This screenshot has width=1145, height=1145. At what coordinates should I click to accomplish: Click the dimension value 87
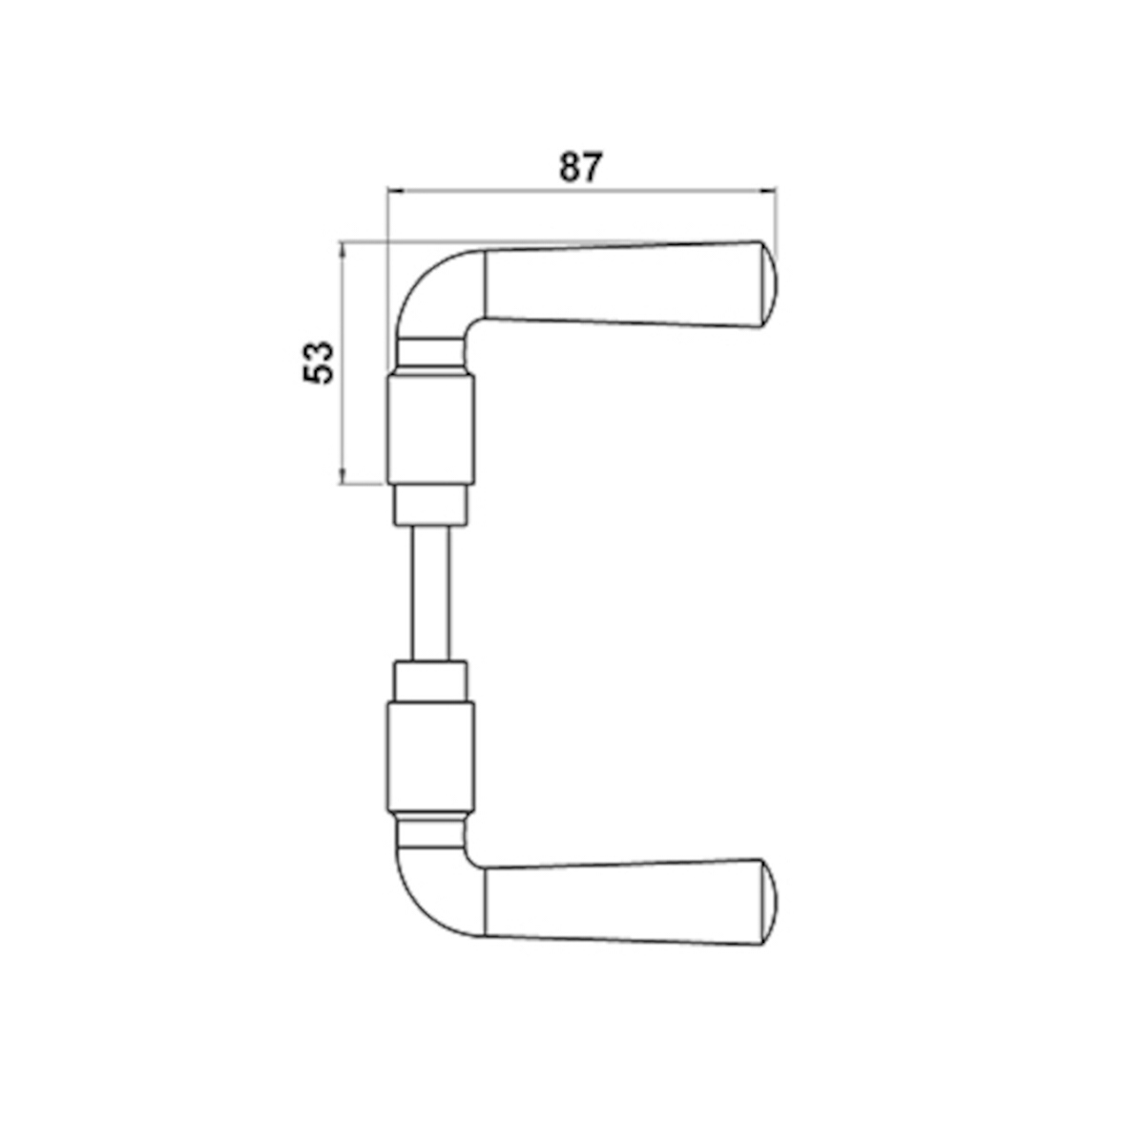[x=580, y=167]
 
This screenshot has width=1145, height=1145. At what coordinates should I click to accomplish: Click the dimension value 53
[x=318, y=363]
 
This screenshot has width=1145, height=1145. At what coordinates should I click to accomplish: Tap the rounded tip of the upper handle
[x=769, y=284]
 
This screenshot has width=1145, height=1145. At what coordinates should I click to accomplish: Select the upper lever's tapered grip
[x=623, y=285]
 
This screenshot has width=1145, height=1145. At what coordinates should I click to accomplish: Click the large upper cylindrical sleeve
[x=430, y=429]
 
